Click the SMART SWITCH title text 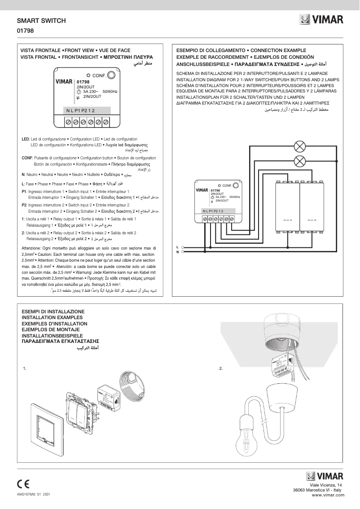[x=41, y=21]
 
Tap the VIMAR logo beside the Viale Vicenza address [x=325, y=476]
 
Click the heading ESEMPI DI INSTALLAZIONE [x=53, y=311]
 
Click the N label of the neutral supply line [x=177, y=252]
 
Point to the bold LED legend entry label [x=25, y=139]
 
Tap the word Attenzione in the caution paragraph [x=31, y=248]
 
